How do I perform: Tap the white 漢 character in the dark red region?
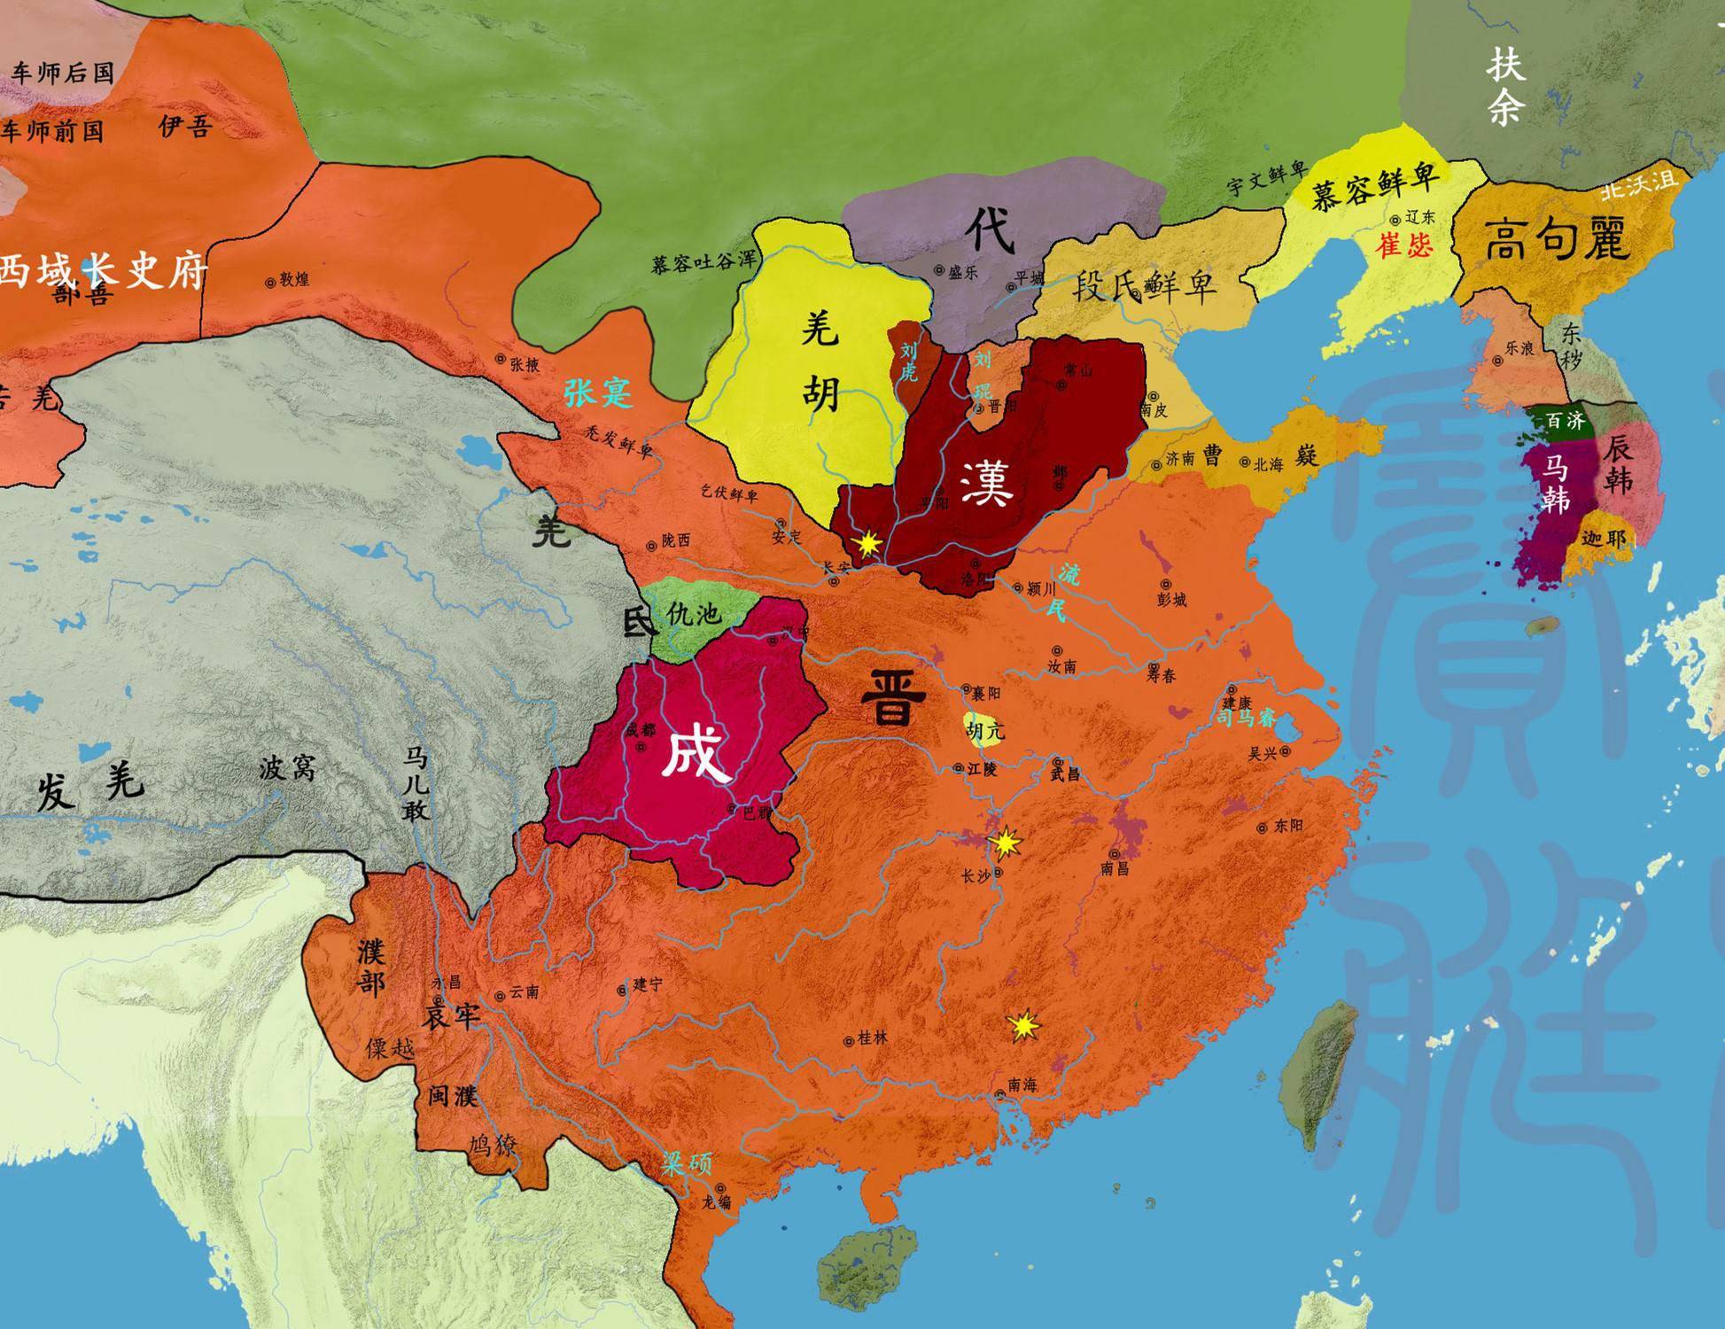pyautogui.click(x=985, y=483)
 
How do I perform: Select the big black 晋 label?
pyautogui.click(x=893, y=697)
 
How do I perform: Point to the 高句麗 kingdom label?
pyautogui.click(x=1558, y=239)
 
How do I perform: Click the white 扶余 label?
pyautogui.click(x=1505, y=86)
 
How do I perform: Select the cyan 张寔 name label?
pyautogui.click(x=599, y=391)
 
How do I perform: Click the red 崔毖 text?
pyautogui.click(x=1403, y=245)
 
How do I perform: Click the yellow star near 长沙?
pyautogui.click(x=1006, y=843)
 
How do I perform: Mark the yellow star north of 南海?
pyautogui.click(x=1024, y=1026)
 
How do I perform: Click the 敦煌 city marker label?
pyautogui.click(x=292, y=280)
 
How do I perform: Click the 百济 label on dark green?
pyautogui.click(x=1565, y=420)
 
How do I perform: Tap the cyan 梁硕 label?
pyautogui.click(x=687, y=1163)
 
